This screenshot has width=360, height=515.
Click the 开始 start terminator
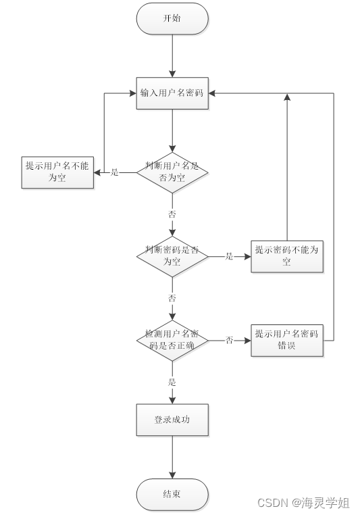coord(172,19)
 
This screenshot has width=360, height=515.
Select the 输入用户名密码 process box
coord(172,93)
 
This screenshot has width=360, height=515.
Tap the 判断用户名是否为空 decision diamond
coord(172,172)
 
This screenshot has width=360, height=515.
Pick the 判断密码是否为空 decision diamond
coord(172,256)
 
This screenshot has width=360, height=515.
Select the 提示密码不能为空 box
coord(286,256)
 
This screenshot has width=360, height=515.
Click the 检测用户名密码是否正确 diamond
coord(172,340)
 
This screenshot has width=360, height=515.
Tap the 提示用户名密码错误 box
coord(286,340)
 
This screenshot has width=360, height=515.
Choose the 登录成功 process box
coord(172,420)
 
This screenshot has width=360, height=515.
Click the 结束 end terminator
coord(172,494)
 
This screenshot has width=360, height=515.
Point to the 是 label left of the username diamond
coord(114,172)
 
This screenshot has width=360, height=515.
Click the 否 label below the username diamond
coord(172,214)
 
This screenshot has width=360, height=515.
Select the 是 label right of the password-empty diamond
coord(229,257)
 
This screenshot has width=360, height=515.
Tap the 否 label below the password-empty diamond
coord(172,298)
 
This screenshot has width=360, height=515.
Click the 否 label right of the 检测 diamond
coord(229,341)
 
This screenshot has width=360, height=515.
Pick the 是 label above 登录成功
coord(172,382)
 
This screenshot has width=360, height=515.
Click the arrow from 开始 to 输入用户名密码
coord(172,54)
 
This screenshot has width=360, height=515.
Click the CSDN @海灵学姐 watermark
coord(305,503)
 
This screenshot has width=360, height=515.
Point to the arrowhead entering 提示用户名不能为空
coord(97,172)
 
